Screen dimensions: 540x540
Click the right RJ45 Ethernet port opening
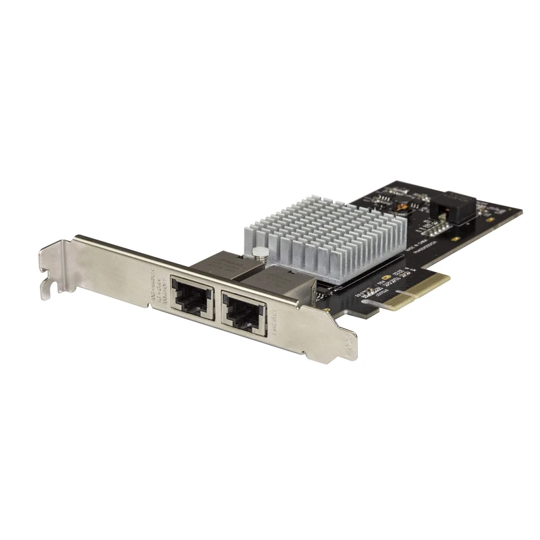coord(242,312)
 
